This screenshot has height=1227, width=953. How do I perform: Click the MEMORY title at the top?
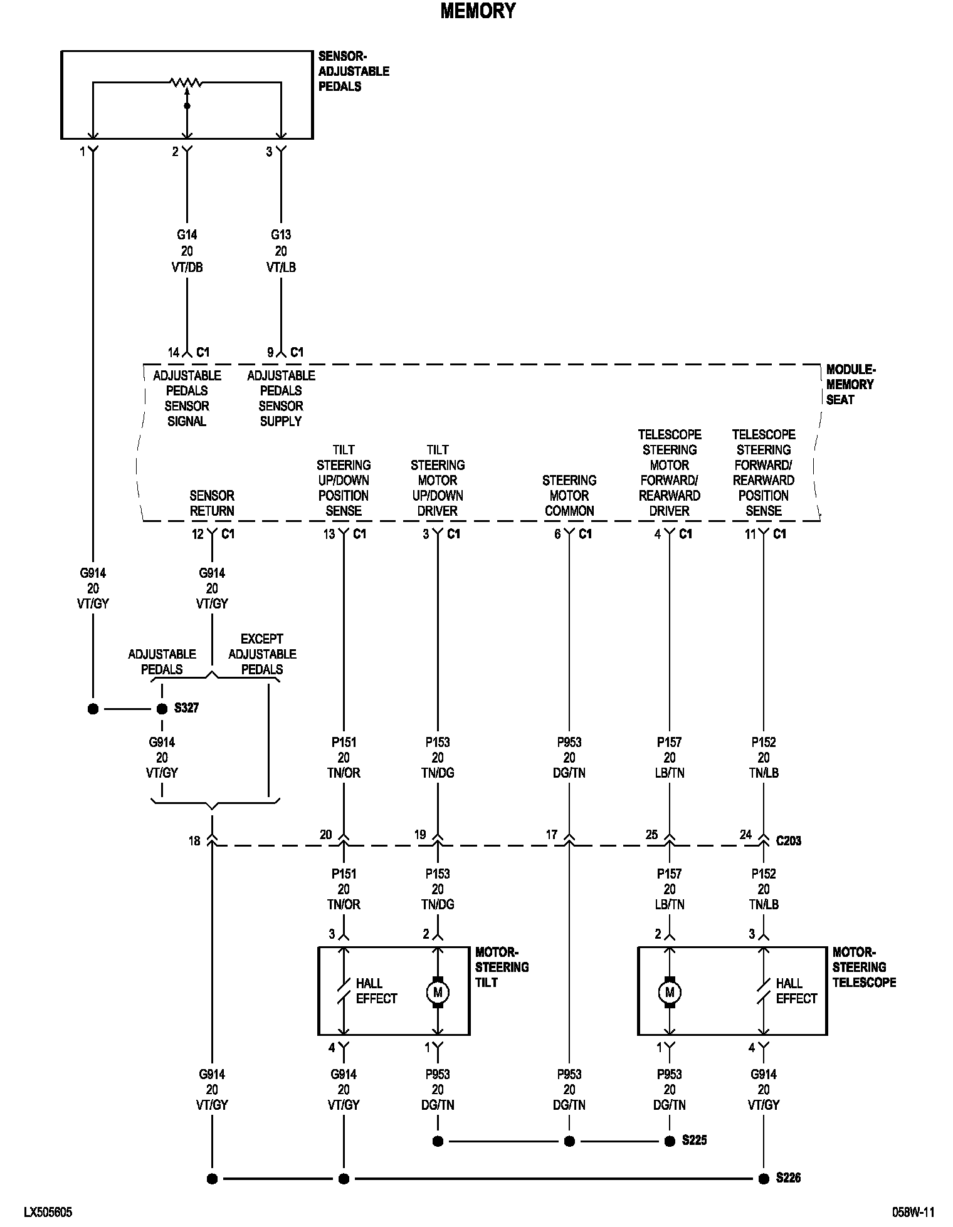[x=478, y=11]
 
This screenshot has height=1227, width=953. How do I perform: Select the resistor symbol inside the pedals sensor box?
[x=186, y=82]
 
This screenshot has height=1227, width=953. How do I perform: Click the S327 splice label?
[x=186, y=708]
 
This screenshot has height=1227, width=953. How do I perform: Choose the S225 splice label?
[x=694, y=1140]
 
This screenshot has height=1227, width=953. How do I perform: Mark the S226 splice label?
[x=788, y=1177]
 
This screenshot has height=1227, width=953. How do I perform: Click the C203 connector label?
[x=788, y=840]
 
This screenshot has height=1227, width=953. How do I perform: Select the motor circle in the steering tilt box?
[x=438, y=992]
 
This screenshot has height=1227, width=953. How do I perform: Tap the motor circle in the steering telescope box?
[x=670, y=992]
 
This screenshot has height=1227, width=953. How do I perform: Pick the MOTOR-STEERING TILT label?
[x=502, y=967]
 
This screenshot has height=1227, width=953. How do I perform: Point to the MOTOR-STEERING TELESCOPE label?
[x=863, y=967]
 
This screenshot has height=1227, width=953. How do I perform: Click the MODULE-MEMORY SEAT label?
[x=850, y=384]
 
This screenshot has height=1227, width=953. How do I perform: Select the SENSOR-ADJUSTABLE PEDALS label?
[x=354, y=71]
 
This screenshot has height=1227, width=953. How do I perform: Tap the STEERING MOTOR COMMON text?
[x=569, y=495]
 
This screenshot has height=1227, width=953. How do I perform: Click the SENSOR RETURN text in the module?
[x=212, y=503]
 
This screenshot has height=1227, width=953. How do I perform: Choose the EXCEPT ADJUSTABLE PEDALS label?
[x=262, y=654]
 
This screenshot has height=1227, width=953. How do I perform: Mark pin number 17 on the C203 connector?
[x=552, y=835]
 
